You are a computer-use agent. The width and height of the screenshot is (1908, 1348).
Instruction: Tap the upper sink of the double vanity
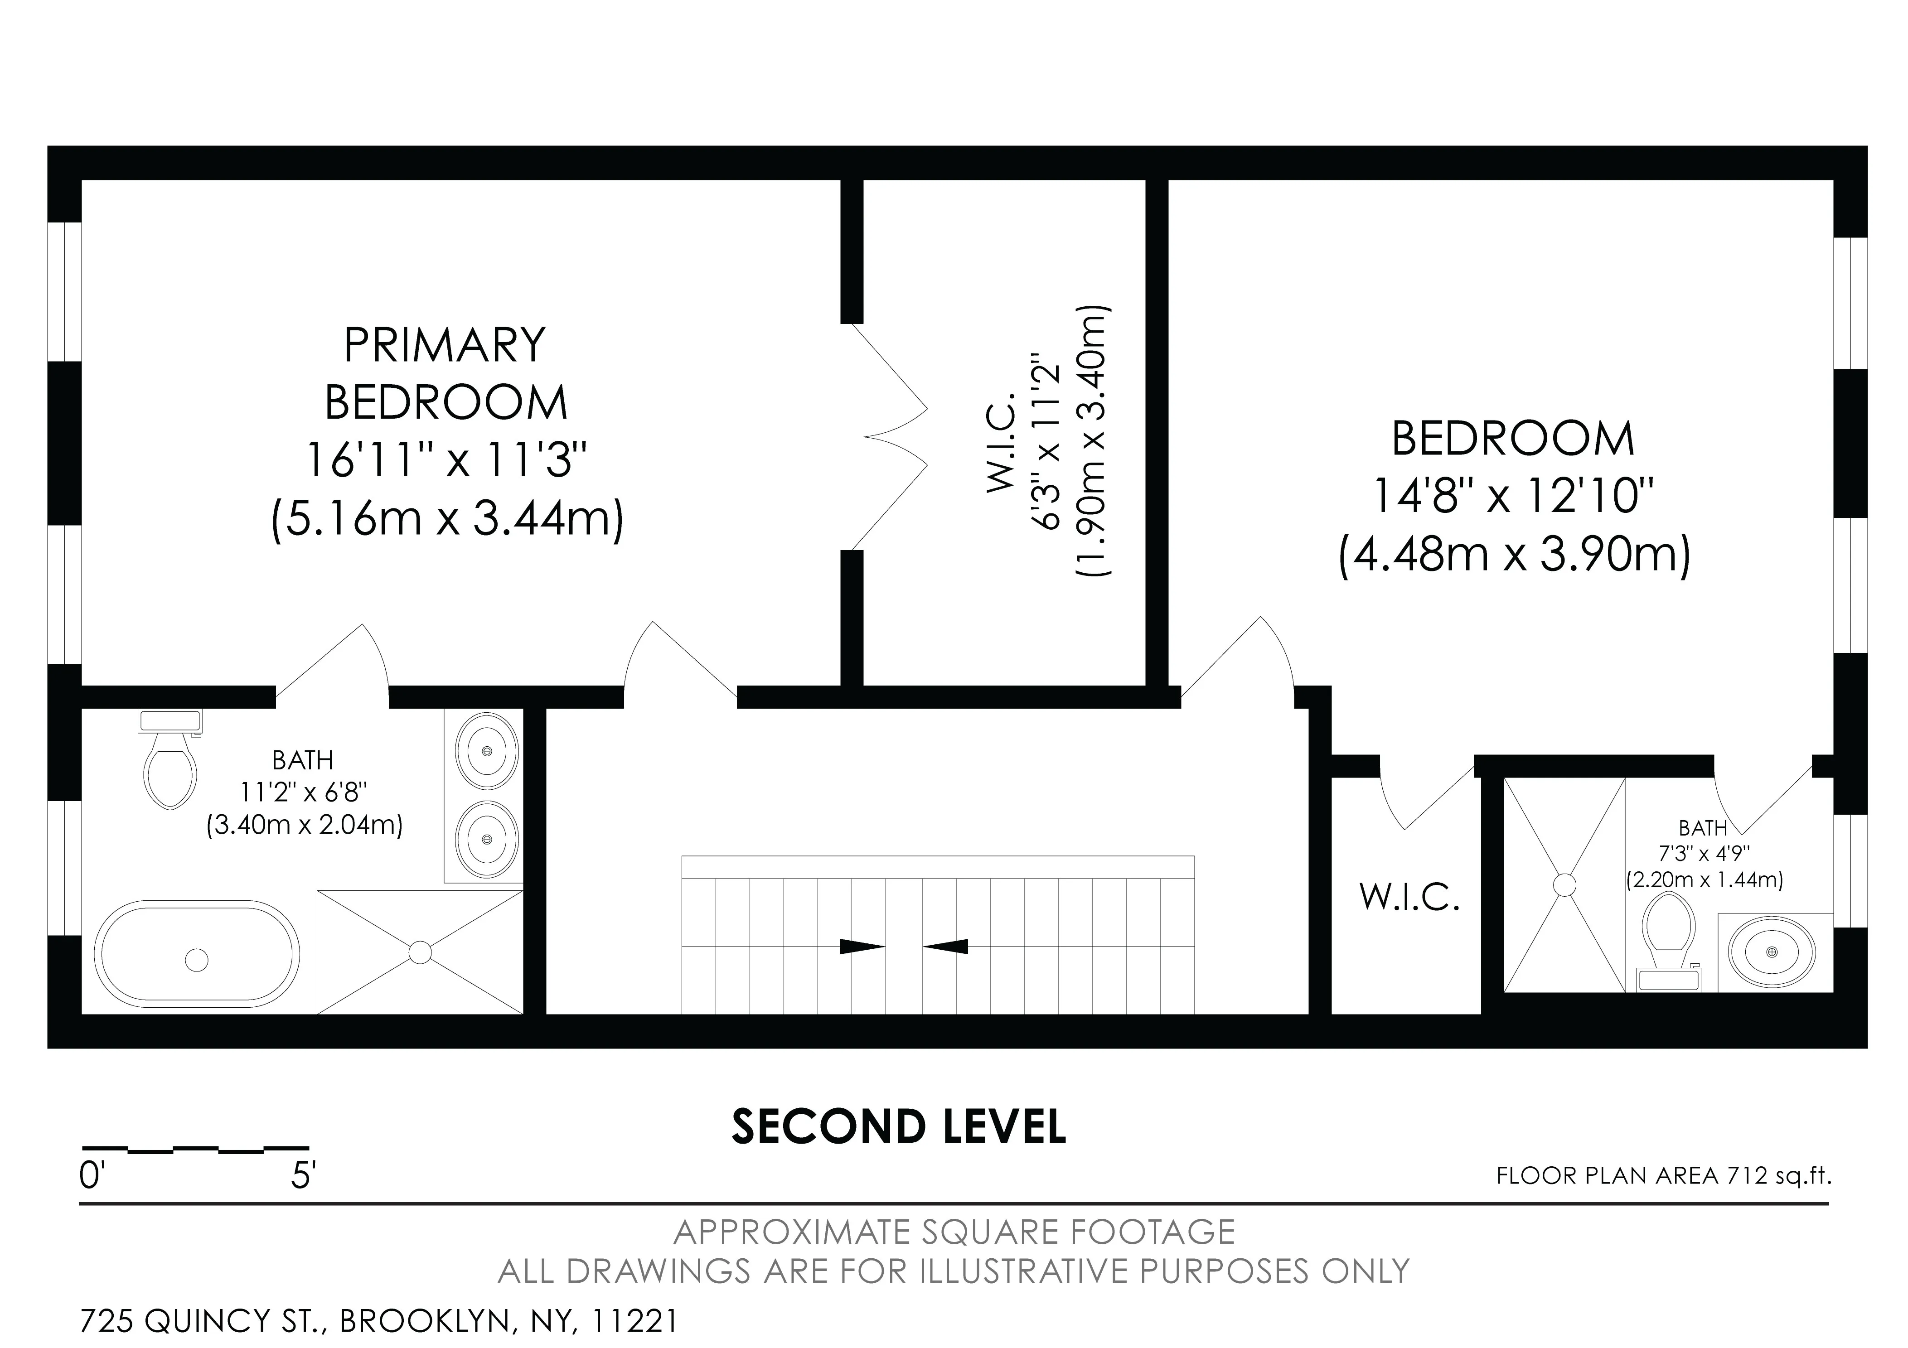pos(487,751)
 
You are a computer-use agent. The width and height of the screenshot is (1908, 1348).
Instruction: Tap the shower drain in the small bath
pos(1565,885)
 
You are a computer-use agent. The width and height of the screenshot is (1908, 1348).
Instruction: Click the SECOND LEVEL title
pos(898,1127)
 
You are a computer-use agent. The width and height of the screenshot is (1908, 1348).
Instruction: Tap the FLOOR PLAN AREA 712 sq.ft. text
pos(1664,1176)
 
